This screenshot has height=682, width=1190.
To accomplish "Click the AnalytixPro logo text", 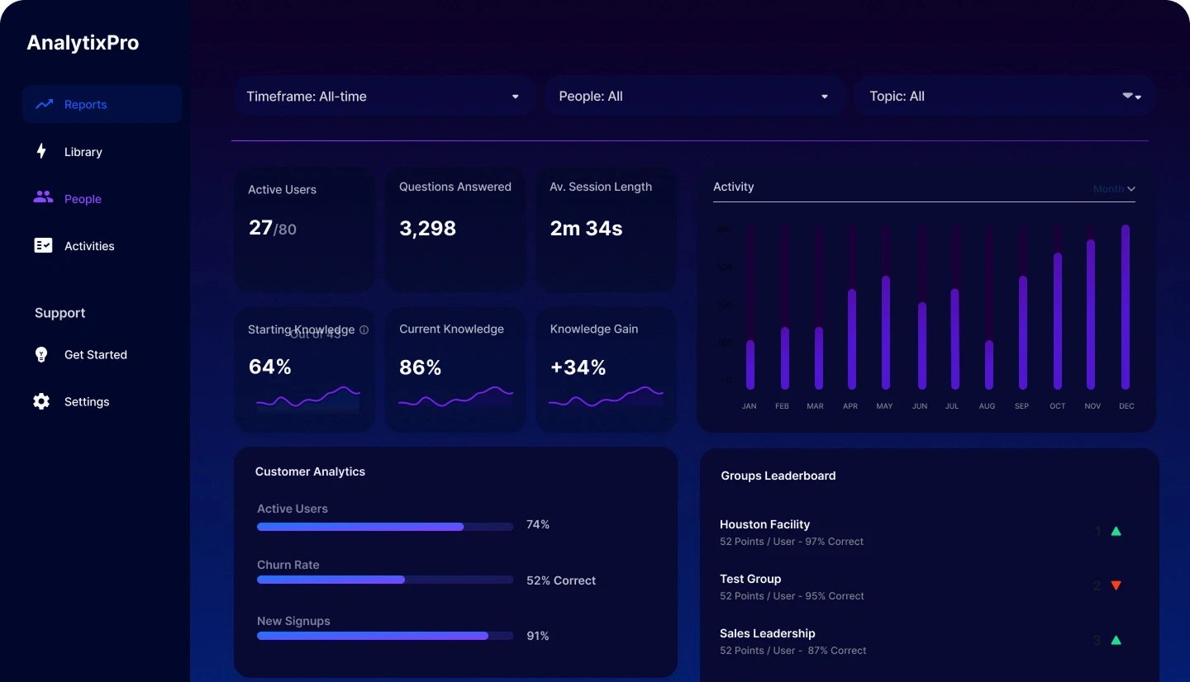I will pos(83,43).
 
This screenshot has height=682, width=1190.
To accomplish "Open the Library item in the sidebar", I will pos(83,152).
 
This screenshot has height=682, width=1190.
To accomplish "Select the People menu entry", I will pos(83,199).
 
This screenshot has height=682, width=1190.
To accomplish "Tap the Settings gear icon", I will pos(41,401).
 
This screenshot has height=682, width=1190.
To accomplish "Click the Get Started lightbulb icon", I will pos(41,354).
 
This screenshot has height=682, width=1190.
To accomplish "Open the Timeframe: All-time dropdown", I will pos(383,97).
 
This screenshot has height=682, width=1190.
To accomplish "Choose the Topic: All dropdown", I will pos(1004,97).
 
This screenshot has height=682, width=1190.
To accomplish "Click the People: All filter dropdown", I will pos(693,97).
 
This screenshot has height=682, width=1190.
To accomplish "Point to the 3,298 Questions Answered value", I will pos(427,229).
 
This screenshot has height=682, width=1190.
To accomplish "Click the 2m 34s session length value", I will pos(586,229).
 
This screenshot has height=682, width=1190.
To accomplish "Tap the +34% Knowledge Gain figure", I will pos(578,367).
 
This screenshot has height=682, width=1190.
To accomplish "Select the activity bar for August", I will pos(988,364).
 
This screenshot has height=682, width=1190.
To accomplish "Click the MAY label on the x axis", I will pos(884,406).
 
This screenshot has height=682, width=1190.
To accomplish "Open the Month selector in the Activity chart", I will pos(1114,189).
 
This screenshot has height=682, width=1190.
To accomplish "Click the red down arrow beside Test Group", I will pos(1116,585).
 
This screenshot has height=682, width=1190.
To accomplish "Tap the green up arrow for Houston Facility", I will pos(1116,531).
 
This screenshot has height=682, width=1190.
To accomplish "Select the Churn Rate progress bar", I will pos(385,580).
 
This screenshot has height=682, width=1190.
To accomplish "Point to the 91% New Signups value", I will pos(537,636).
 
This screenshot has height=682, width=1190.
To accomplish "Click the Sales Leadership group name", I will pos(767,633).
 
